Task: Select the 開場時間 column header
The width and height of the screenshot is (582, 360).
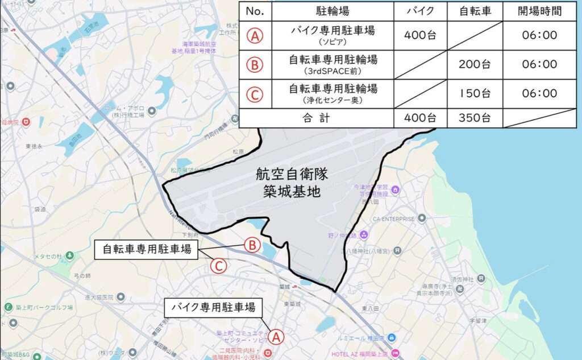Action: pos(539,11)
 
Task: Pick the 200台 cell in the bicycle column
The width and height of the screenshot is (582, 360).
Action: pos(475,64)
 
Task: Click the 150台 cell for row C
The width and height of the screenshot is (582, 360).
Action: pos(475,93)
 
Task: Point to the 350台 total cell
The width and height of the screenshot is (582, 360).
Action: pos(475,118)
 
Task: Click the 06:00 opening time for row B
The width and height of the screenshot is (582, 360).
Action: pos(539,64)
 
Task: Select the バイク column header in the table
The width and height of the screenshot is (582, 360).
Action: pos(420,11)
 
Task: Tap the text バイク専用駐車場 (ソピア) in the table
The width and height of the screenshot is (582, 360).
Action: pos(333,36)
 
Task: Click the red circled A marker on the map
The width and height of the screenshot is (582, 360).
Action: pos(276,337)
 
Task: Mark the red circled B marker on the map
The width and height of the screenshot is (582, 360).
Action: pos(252,245)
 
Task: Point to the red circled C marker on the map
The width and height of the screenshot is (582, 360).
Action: pos(219,266)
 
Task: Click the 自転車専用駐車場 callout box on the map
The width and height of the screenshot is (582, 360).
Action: pos(147,250)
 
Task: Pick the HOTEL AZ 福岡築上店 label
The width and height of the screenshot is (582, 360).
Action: pos(368,353)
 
